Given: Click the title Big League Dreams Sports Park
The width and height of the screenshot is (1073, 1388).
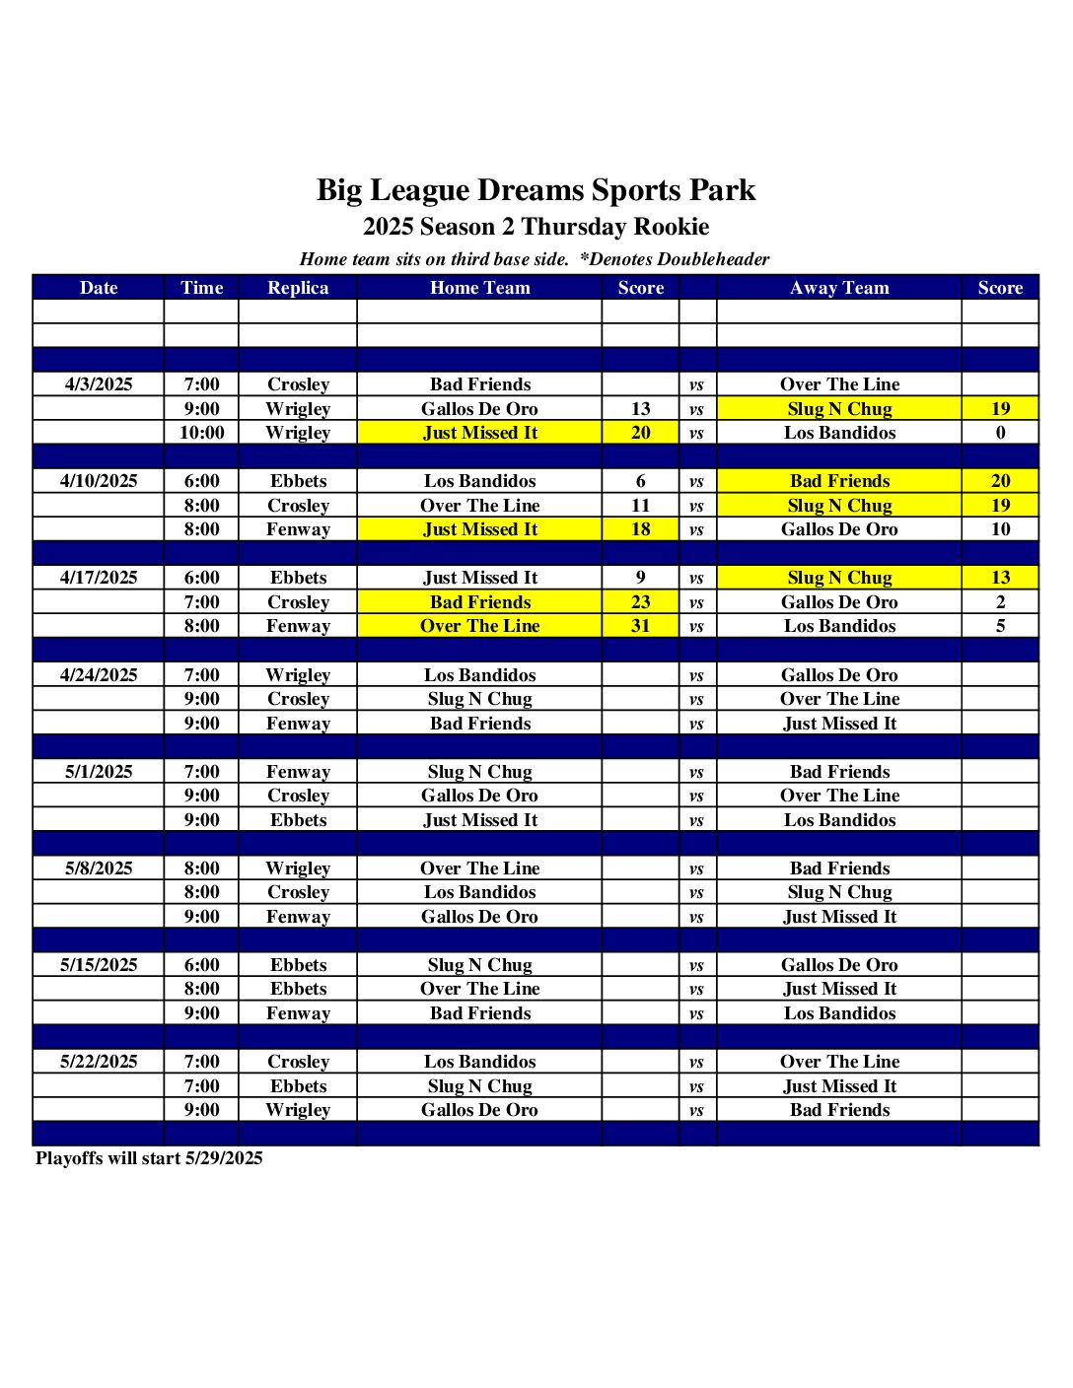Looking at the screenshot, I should (536, 190).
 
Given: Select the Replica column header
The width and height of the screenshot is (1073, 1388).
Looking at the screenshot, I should (298, 288).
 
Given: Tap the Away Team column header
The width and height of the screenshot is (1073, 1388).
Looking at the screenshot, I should (839, 288).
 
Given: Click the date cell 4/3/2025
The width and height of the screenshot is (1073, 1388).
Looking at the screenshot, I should (99, 384).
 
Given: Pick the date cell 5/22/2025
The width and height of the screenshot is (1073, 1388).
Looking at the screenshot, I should (99, 1062).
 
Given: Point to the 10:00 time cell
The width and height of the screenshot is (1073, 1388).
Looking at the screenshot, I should (201, 433).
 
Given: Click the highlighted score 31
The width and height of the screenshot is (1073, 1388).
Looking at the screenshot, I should (640, 626).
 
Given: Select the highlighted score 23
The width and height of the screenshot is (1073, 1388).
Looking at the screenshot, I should (640, 602).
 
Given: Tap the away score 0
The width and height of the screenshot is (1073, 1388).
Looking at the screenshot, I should (1000, 433).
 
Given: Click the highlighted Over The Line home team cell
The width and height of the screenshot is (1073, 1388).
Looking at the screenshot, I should (480, 626).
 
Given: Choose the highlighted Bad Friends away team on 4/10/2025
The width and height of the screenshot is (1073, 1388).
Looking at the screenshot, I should (839, 481).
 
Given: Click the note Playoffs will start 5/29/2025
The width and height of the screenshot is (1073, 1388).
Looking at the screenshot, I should (149, 1158).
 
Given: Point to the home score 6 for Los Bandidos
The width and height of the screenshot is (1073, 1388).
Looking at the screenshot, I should (640, 481).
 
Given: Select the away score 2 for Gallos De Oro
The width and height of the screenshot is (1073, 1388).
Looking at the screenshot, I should (1000, 602).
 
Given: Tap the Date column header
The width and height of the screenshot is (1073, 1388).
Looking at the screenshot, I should (99, 288).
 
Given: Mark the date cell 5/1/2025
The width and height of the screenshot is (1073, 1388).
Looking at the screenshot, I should (99, 772).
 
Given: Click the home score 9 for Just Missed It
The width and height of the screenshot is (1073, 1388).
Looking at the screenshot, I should (640, 578).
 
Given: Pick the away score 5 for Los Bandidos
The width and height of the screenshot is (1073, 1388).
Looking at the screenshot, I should (1000, 626).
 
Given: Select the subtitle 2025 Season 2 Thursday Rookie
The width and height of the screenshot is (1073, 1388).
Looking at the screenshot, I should (536, 227).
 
